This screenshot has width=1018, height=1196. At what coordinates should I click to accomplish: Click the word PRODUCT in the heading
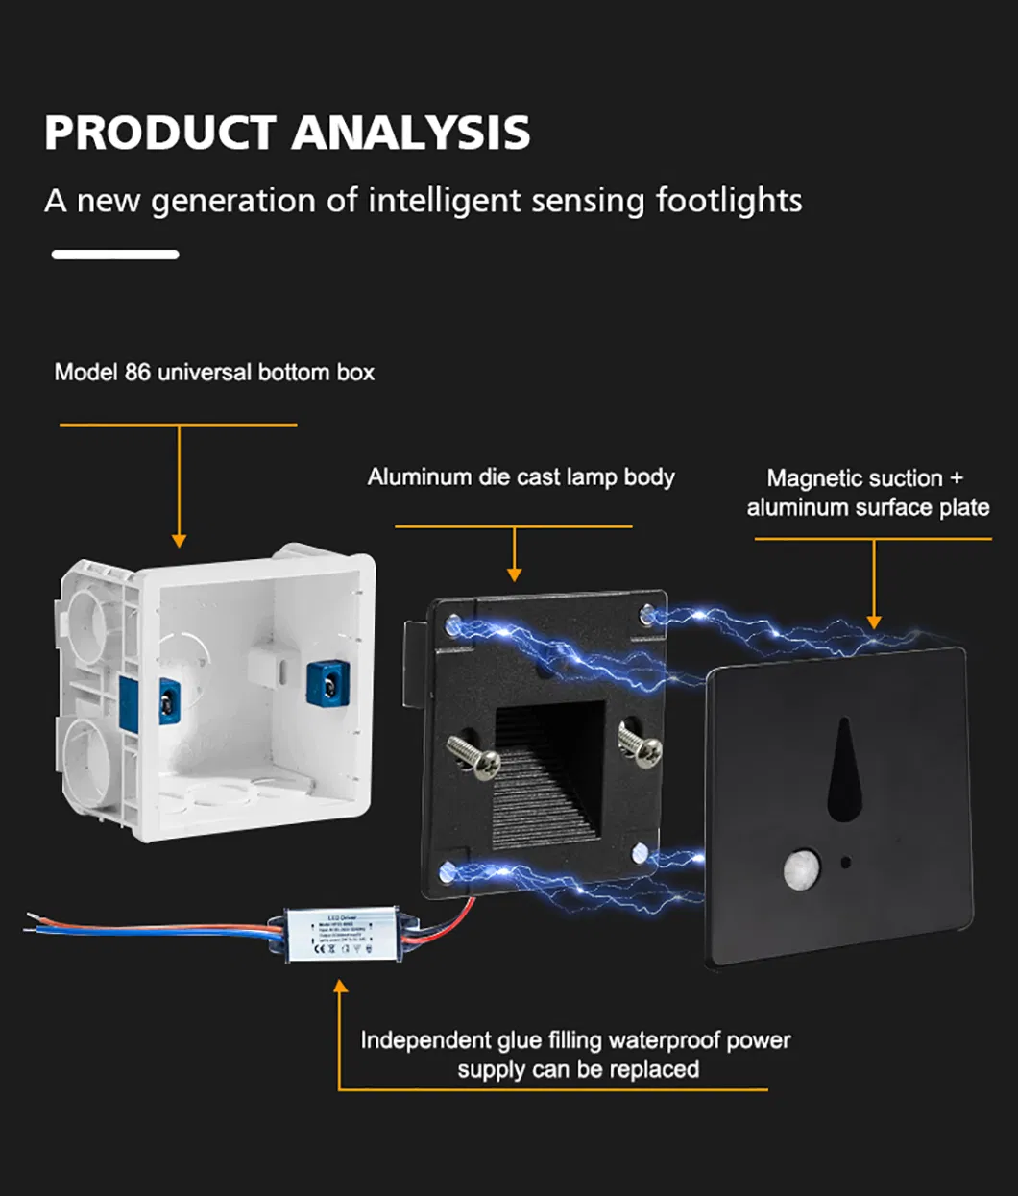[160, 133]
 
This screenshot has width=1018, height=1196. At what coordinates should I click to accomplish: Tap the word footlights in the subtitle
[729, 200]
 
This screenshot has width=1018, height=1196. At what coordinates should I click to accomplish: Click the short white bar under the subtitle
[115, 255]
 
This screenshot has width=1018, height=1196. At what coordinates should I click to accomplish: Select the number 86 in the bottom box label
[137, 372]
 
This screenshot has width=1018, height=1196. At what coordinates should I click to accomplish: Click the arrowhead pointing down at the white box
[179, 540]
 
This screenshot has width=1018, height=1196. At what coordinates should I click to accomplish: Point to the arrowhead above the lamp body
[515, 574]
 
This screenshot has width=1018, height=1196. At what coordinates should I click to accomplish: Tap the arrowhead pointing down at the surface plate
[874, 622]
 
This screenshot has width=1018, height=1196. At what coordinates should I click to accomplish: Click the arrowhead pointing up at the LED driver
[339, 987]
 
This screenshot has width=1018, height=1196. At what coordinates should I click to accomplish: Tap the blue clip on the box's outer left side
[165, 699]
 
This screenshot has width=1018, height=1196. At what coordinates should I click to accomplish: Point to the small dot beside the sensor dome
[845, 861]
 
